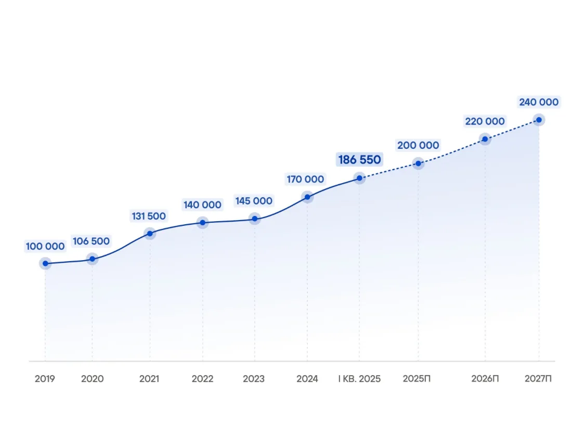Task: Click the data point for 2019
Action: click(45, 263)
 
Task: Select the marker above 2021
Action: click(150, 233)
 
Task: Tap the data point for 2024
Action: click(307, 197)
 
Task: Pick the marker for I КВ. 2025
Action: click(359, 178)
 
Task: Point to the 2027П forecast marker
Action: click(539, 120)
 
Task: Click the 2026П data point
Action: click(485, 139)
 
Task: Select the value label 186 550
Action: click(360, 160)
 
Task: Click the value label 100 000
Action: click(45, 246)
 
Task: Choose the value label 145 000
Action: click(254, 201)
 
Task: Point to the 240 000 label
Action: click(539, 102)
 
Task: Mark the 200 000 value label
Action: click(418, 145)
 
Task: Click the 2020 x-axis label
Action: click(92, 379)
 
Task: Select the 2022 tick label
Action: click(202, 379)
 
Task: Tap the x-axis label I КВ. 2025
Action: click(359, 379)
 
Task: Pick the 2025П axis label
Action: click(417, 379)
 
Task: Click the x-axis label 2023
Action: click(254, 379)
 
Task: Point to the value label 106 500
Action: click(91, 241)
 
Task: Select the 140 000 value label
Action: click(202, 205)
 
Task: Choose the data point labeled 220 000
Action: click(485, 139)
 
